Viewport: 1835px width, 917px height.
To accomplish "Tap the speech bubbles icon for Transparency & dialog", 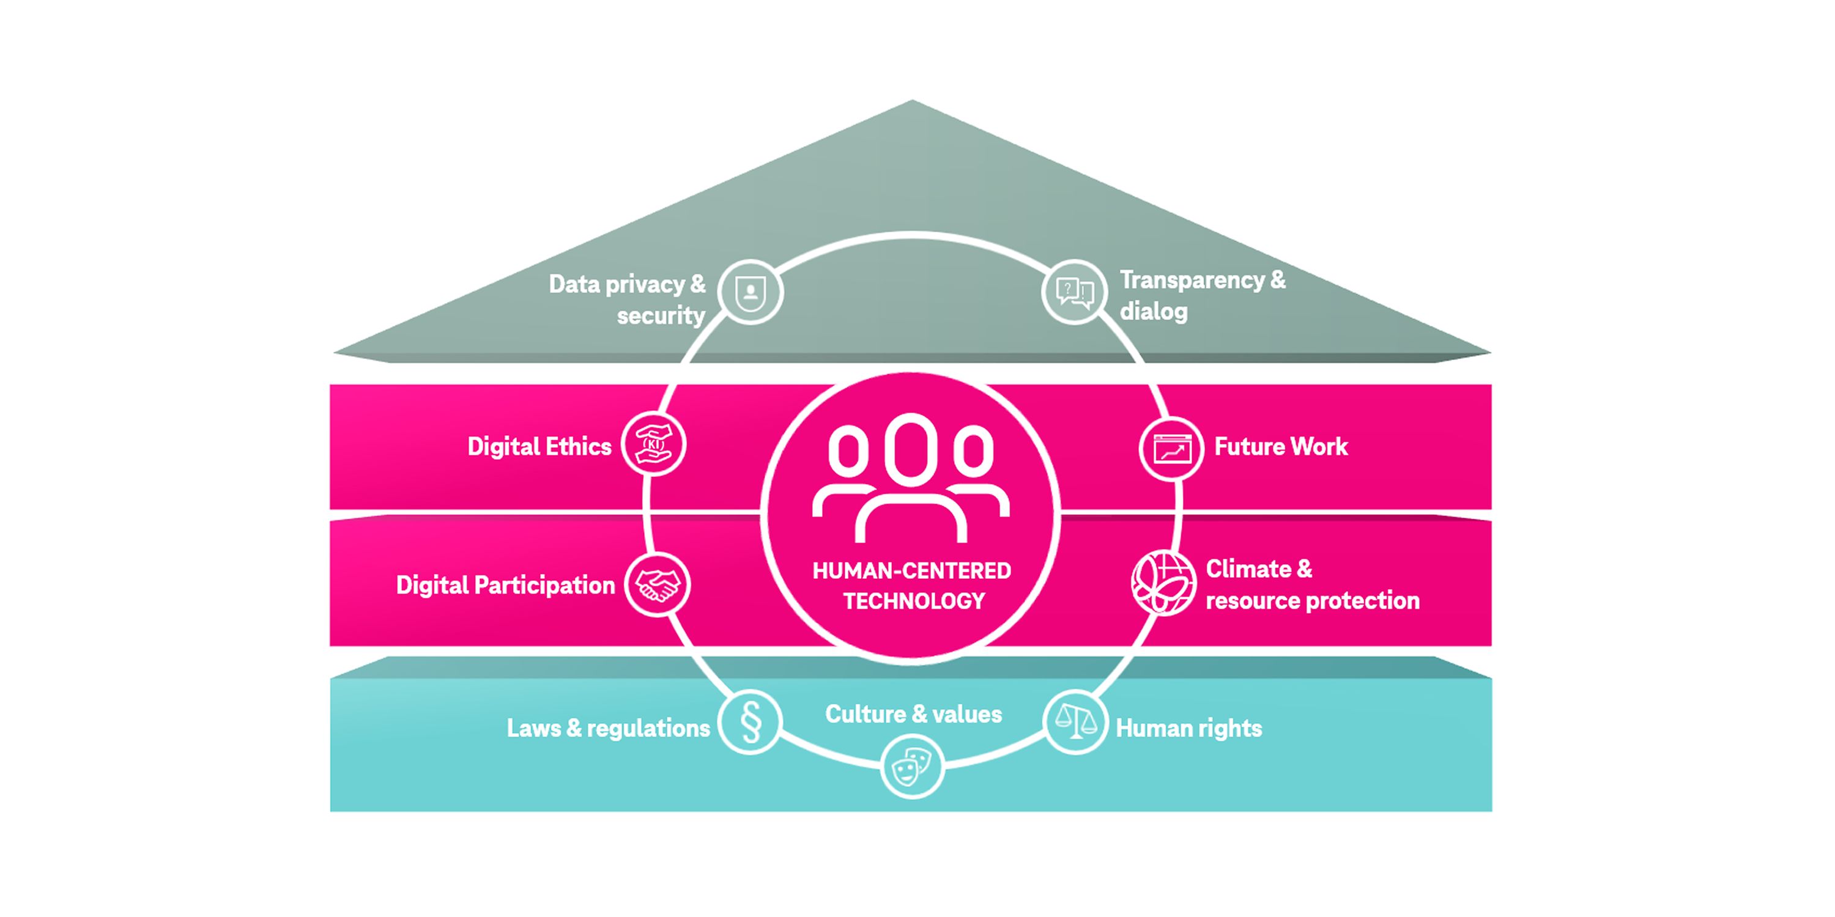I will (1073, 292).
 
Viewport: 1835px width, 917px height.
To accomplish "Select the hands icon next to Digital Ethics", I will (653, 444).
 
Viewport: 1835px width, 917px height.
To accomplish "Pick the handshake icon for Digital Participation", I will (657, 584).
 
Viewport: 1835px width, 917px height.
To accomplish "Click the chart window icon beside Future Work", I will (1171, 449).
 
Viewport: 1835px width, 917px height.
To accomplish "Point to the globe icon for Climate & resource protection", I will (1163, 583).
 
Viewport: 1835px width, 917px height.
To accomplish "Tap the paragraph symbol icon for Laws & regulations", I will (750, 722).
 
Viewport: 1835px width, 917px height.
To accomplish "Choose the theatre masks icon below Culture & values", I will (912, 767).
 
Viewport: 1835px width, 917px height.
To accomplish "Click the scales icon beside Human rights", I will (1075, 722).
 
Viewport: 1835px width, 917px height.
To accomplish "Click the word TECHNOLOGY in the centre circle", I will (914, 602).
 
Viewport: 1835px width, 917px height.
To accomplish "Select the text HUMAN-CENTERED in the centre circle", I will (912, 571).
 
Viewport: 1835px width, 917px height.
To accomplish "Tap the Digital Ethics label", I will (539, 446).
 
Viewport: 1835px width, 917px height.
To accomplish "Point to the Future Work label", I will (1281, 446).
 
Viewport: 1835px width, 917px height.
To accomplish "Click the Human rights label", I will (1188, 728).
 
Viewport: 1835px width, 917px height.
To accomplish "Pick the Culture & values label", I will (913, 714).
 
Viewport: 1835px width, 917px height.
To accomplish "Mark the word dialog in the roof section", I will (1153, 312).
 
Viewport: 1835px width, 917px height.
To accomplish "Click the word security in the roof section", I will (661, 315).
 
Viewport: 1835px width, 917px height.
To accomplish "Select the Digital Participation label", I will (505, 585).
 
